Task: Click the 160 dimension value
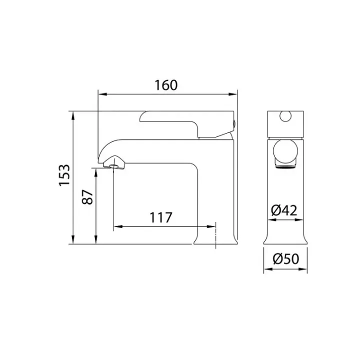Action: [166, 85]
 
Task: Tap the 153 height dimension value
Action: [64, 175]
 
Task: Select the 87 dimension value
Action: [87, 197]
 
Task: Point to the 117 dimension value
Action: [160, 217]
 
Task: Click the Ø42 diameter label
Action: [284, 210]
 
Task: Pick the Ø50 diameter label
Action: [286, 259]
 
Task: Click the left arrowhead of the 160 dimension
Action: [102, 94]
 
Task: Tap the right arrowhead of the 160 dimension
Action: [232, 94]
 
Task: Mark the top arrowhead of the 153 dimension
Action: [73, 115]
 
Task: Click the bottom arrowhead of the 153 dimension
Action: [73, 239]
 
